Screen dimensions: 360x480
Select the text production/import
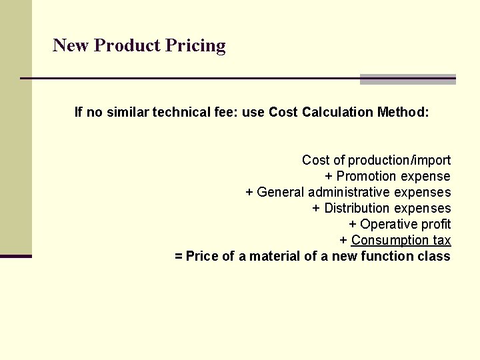[399, 161]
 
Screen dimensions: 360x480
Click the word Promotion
[366, 177]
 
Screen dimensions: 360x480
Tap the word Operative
[384, 225]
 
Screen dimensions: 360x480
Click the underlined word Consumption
[390, 241]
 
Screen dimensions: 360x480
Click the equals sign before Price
[178, 257]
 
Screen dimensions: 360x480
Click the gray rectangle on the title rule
[407, 79]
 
